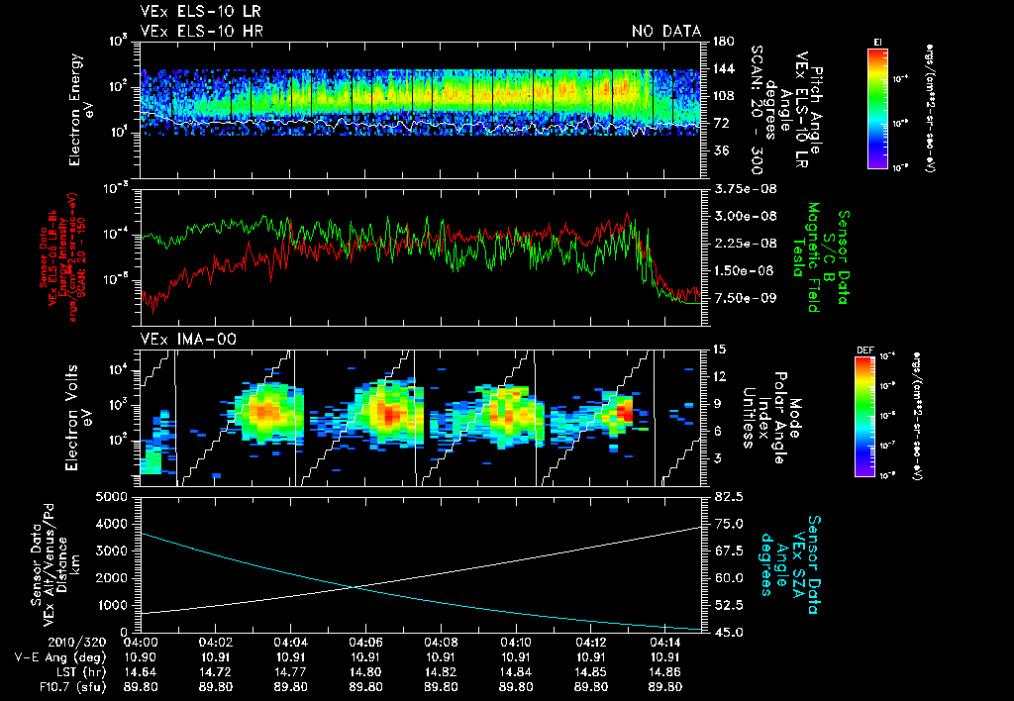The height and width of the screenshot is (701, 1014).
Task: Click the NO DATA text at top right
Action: tap(666, 31)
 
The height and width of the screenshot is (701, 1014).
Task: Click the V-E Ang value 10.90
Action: tap(140, 655)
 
